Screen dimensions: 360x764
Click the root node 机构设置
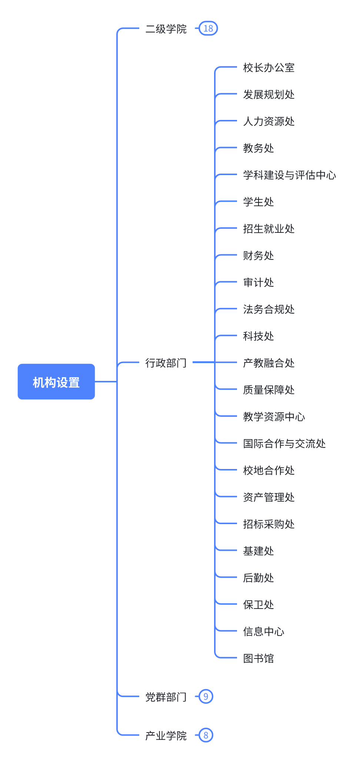pos(56,382)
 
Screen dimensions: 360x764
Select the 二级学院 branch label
pos(166,29)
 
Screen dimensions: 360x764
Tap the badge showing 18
pos(208,29)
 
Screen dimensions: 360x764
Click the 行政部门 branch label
pos(166,363)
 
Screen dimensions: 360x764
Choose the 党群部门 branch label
pos(166,697)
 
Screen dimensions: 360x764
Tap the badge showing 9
pos(206,697)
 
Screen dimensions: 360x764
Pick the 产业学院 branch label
pos(166,735)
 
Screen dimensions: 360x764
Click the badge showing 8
pos(206,735)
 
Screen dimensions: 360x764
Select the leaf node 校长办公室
pos(269,68)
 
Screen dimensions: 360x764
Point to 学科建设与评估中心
pos(290,175)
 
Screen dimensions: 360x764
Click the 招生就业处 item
pos(269,229)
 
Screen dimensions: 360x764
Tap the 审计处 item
pos(259,282)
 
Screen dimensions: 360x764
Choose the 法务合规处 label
pos(269,309)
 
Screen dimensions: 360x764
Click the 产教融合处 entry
pos(269,363)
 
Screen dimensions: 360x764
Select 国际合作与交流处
pos(284,443)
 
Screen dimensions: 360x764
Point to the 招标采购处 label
pos(269,524)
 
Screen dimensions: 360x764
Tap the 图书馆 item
pos(259,658)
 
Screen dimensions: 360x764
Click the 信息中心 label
pos(264,631)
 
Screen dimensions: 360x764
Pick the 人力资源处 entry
pos(269,121)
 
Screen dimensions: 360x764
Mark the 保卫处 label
pos(259,604)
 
